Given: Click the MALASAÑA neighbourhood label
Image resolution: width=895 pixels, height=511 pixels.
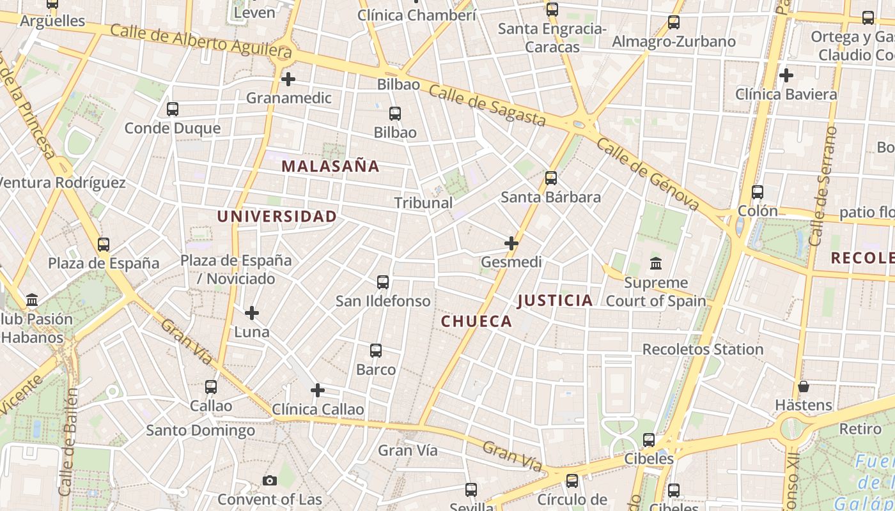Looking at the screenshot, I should [331, 167].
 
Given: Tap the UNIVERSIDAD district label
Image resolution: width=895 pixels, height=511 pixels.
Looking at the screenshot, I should [276, 217].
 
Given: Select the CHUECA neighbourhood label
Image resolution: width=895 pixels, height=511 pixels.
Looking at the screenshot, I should [476, 321].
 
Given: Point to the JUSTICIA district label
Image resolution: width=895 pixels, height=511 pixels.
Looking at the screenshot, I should [555, 300].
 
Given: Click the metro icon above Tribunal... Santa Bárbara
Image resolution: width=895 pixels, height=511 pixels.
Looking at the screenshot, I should [551, 178].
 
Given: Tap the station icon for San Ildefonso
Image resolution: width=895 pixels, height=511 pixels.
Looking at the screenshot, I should [383, 282].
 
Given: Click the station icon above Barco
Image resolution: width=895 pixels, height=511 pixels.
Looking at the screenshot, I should [376, 351].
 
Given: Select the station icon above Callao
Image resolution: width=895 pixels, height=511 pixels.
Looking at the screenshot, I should [211, 387].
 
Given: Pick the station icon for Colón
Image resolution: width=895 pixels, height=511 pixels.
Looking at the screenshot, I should [758, 192].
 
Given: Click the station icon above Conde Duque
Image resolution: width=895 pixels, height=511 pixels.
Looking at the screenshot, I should [173, 109].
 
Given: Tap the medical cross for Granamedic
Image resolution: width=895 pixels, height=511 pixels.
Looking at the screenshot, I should [288, 79].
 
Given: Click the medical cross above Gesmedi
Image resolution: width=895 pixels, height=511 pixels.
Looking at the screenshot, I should [511, 243].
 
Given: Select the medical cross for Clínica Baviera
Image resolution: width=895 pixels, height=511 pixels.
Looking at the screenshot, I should [786, 75].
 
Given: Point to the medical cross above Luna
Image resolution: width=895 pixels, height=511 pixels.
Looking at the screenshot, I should [252, 313].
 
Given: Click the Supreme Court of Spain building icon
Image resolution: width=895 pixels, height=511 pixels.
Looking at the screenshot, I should [656, 263].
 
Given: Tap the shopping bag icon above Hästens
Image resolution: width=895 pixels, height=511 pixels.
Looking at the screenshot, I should [804, 386].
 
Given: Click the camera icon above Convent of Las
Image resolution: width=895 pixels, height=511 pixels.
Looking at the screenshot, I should [270, 480].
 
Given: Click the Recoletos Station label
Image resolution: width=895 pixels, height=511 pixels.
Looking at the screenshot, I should [703, 349].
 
